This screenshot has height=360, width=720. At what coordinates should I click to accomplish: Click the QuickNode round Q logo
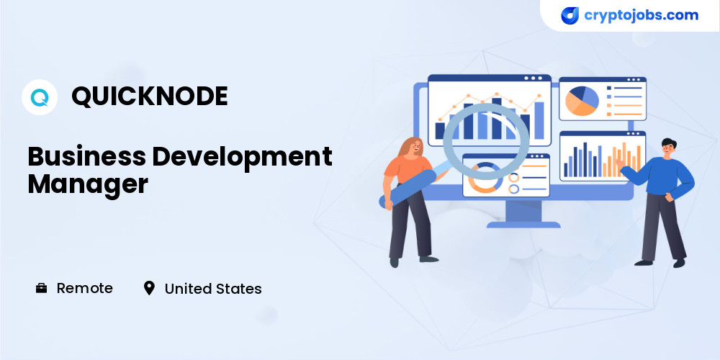[x=40, y=97]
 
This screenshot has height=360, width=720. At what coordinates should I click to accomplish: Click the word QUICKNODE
[x=150, y=96]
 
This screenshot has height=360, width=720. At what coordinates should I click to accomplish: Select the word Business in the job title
[x=87, y=156]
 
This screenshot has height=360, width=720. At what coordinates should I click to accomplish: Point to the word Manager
[x=88, y=185]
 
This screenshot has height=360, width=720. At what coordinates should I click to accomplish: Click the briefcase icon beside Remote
[x=41, y=289]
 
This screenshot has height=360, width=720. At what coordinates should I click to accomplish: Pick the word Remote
[x=84, y=289]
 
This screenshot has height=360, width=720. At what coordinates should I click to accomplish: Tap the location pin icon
[x=149, y=289]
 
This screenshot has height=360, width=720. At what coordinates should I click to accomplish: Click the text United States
[x=213, y=289]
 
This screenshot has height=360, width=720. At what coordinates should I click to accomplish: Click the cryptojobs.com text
[x=641, y=15]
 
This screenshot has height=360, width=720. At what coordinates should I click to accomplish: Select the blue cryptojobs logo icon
[x=570, y=16]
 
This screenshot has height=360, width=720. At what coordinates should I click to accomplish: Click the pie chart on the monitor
[x=582, y=101]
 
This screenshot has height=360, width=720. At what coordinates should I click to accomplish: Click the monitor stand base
[x=523, y=225]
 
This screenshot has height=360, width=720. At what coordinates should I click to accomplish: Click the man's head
[x=669, y=148]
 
